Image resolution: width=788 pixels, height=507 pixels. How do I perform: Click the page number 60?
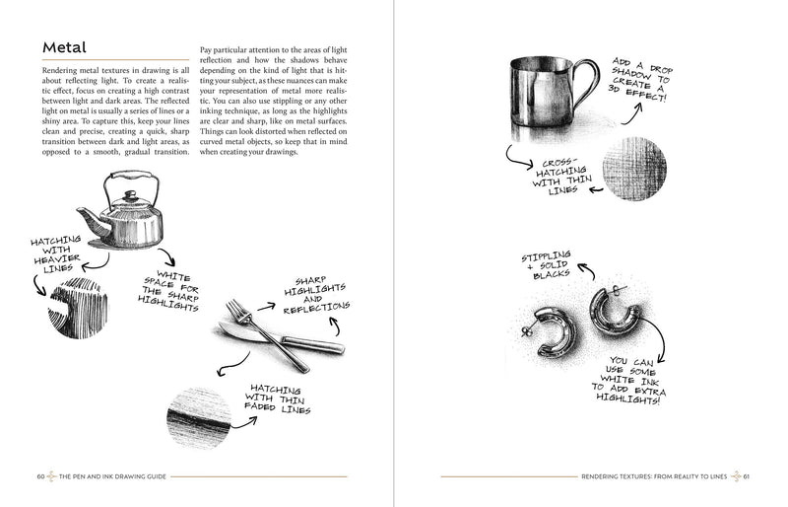pyautogui.click(x=40, y=476)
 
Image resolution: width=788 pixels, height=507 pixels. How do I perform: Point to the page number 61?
pyautogui.click(x=749, y=476)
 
